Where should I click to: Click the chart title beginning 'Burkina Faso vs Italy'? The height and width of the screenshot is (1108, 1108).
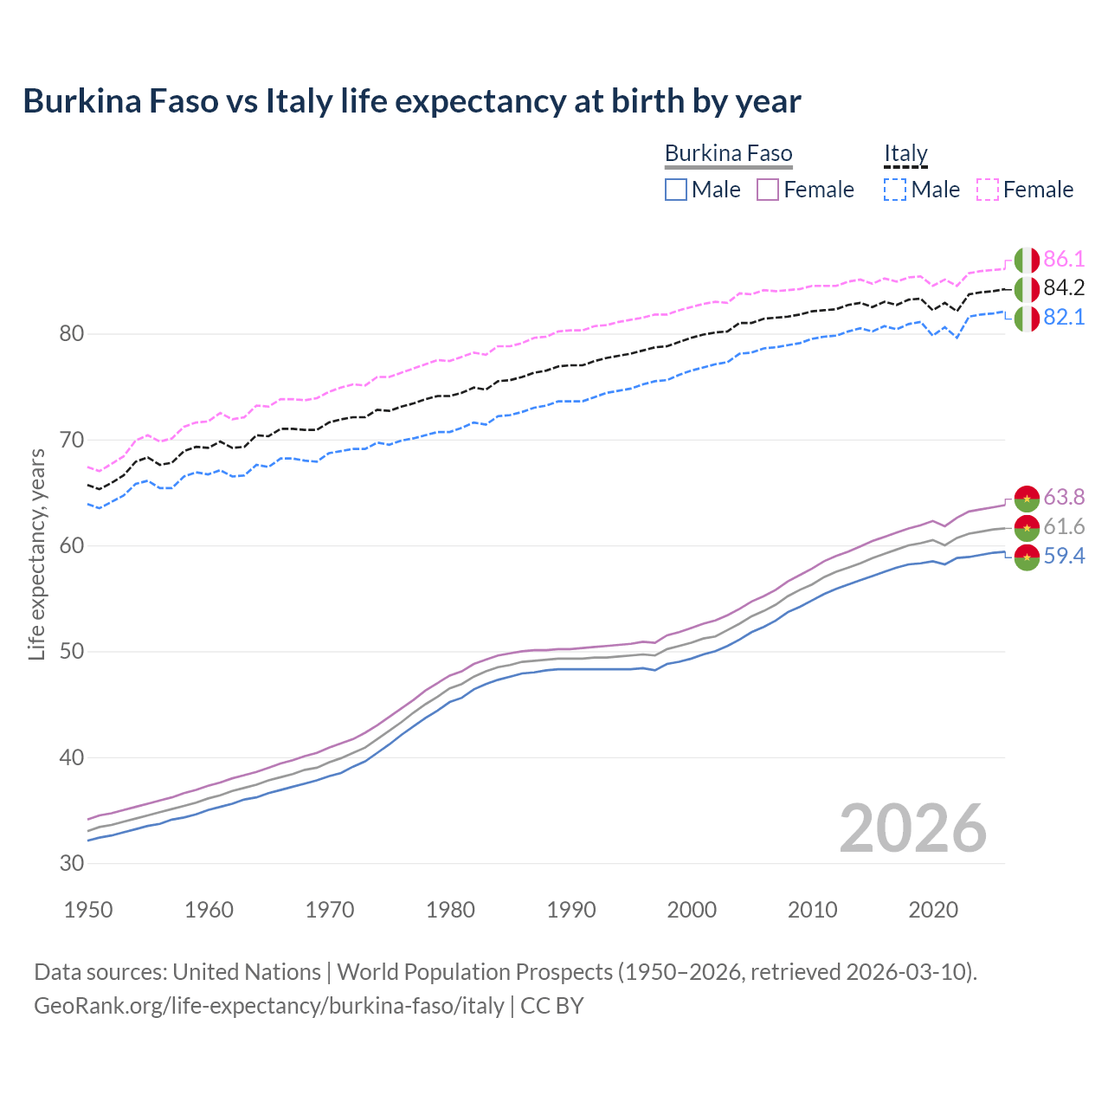412,101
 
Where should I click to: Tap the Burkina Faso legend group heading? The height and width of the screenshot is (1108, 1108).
728,153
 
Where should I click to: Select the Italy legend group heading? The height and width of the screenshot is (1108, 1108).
905,153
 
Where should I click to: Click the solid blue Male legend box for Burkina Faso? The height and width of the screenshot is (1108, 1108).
676,190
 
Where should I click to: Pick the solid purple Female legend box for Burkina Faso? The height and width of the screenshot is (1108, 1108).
768,190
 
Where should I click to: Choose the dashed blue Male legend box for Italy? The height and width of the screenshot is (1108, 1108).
895,190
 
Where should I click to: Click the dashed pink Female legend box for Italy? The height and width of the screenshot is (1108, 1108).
987,190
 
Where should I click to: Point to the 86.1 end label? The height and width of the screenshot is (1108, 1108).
1064,259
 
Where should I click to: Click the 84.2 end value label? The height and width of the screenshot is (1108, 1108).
1064,288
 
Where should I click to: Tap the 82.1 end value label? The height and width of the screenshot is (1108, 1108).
1064,318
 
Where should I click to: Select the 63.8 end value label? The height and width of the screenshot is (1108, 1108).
1064,497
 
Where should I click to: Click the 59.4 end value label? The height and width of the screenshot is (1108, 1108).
1064,556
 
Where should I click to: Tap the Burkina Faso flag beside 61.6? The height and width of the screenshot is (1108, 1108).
1027,527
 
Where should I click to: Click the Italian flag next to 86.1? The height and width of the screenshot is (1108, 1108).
1027,260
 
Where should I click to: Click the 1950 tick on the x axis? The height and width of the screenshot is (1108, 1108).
88,910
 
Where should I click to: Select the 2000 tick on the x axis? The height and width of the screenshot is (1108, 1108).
692,910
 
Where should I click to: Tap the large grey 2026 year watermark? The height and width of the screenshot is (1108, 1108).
912,828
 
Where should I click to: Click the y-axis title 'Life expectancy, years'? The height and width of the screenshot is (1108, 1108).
36,554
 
